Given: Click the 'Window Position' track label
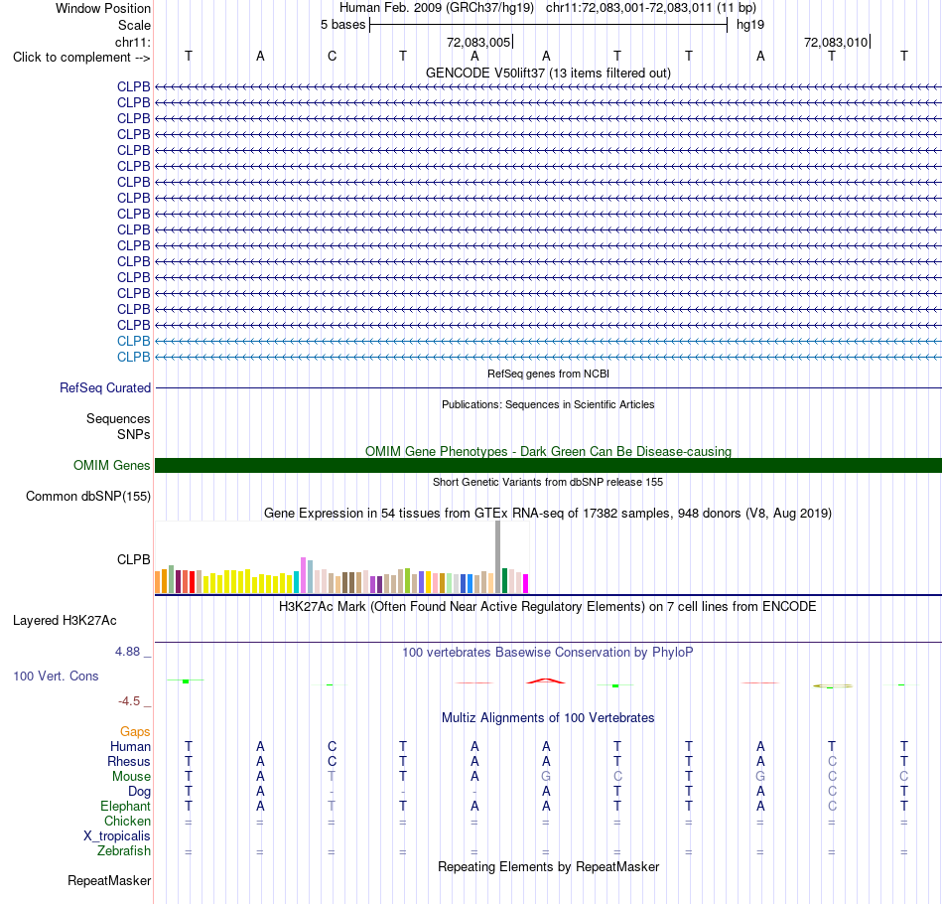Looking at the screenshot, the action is click(103, 8).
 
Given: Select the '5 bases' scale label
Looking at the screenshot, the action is click(342, 25).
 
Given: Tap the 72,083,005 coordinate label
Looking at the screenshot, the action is click(478, 42).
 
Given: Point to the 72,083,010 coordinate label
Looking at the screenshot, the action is click(836, 42).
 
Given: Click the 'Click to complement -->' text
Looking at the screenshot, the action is click(81, 58).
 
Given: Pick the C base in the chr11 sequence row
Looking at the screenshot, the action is click(332, 56).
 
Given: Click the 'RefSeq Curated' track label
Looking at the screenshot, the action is click(105, 387).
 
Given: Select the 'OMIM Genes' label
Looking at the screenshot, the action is click(112, 465).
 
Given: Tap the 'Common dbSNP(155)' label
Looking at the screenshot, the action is click(88, 496).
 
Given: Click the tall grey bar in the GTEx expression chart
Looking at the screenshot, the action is click(498, 556).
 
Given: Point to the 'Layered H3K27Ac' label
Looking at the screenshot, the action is click(65, 621).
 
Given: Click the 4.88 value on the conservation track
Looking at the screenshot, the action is click(127, 652).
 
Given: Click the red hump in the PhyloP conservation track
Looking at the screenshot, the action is click(546, 680).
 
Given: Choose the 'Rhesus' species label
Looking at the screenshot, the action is click(129, 761).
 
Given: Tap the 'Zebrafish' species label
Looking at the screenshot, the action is click(124, 850).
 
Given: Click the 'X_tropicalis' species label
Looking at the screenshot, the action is click(117, 836).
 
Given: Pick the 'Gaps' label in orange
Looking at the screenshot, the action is click(135, 732).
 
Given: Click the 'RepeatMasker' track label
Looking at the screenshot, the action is click(109, 880).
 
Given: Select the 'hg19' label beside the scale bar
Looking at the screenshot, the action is click(750, 25).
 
